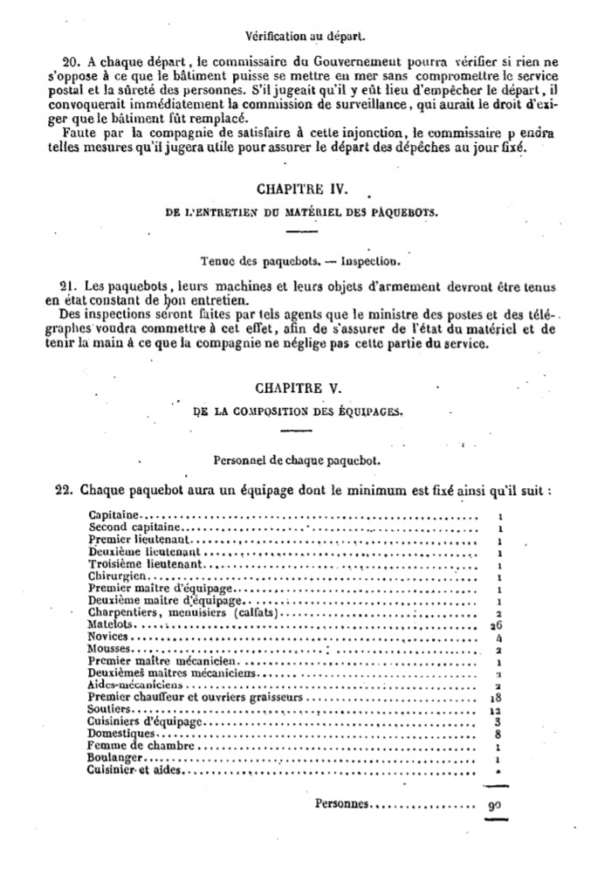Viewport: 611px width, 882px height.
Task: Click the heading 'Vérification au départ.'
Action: pyautogui.click(x=305, y=38)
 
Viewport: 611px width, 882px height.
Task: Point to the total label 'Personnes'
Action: pyautogui.click(x=342, y=803)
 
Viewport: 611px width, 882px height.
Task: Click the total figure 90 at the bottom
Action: pyautogui.click(x=493, y=806)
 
